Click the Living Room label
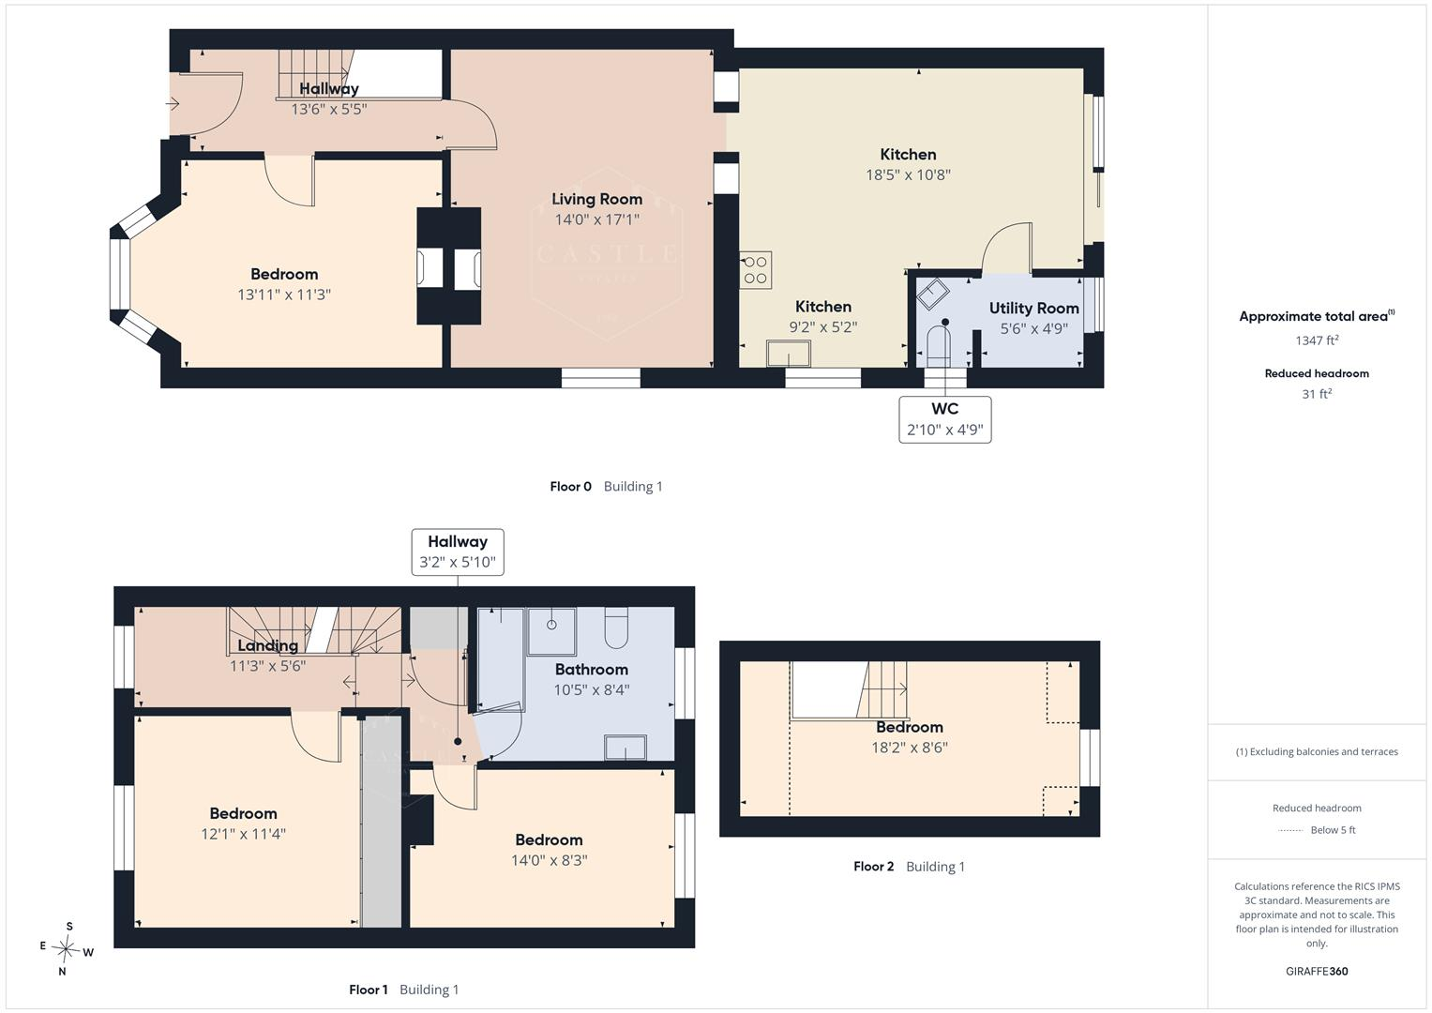(596, 200)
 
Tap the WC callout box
(945, 419)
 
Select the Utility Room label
(1033, 309)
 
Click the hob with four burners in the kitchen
(756, 270)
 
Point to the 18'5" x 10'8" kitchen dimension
(908, 174)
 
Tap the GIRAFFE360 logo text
(1317, 971)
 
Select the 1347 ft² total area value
(1317, 340)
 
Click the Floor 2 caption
(909, 867)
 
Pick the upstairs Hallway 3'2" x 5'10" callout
(457, 552)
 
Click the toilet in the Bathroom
(616, 627)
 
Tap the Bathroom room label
(592, 670)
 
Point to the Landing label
(267, 645)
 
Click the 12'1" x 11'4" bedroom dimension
(243, 834)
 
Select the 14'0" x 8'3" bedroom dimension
(549, 860)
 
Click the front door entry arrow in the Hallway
(173, 103)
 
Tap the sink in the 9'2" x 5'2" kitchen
(789, 354)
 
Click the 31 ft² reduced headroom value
(1317, 394)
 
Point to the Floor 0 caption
(606, 487)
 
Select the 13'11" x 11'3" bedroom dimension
(284, 295)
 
